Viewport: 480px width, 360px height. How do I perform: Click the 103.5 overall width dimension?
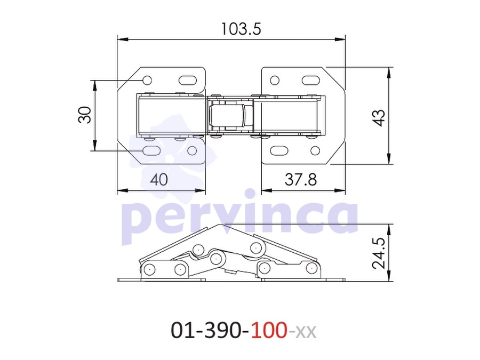(241, 29)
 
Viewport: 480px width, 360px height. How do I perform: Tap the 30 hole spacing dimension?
(85, 115)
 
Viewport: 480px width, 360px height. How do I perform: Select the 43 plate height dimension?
(379, 117)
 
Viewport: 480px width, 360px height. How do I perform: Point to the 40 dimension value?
(159, 179)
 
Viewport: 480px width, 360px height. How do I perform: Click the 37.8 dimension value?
(301, 179)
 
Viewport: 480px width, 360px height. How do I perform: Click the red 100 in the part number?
(269, 330)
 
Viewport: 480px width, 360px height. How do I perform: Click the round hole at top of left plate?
(147, 81)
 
